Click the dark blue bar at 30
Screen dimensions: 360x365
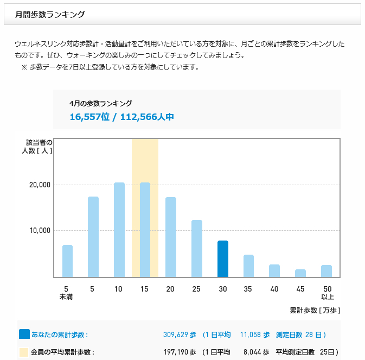[x=222, y=258]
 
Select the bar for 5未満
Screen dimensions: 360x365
[x=67, y=261]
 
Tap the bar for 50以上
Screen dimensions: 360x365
[x=326, y=271]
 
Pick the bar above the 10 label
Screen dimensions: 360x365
[x=119, y=230]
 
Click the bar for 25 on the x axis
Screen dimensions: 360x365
[x=196, y=248]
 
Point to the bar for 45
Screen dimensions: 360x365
[x=300, y=273]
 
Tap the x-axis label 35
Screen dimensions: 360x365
[x=248, y=288]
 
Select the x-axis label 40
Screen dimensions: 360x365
[x=274, y=288]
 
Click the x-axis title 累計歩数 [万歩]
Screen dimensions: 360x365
[x=315, y=310]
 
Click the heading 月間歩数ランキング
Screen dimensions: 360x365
[x=50, y=15]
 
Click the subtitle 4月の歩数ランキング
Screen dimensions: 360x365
[x=101, y=103]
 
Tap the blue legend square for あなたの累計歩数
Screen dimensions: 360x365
[x=24, y=334]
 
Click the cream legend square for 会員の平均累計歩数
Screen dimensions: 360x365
[x=24, y=352]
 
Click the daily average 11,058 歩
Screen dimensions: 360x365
[x=255, y=335]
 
